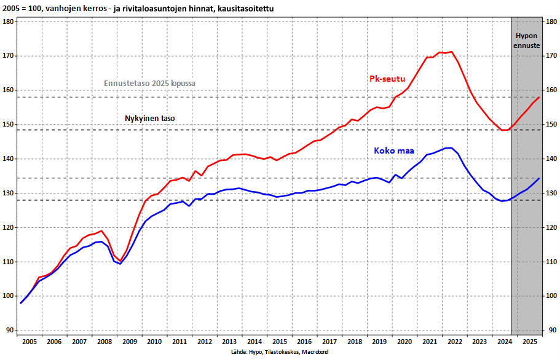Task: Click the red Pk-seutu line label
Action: (x=387, y=79)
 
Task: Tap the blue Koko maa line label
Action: (x=395, y=151)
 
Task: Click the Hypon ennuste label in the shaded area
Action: (x=526, y=41)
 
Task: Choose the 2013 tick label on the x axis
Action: (x=229, y=341)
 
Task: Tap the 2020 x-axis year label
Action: (x=404, y=341)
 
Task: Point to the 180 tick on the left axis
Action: (x=9, y=22)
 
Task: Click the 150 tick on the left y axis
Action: (x=9, y=125)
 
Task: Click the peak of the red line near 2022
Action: (x=451, y=52)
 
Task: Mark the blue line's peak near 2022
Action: (x=451, y=147)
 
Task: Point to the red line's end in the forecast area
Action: (x=539, y=97)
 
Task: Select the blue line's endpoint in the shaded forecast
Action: (x=539, y=178)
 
